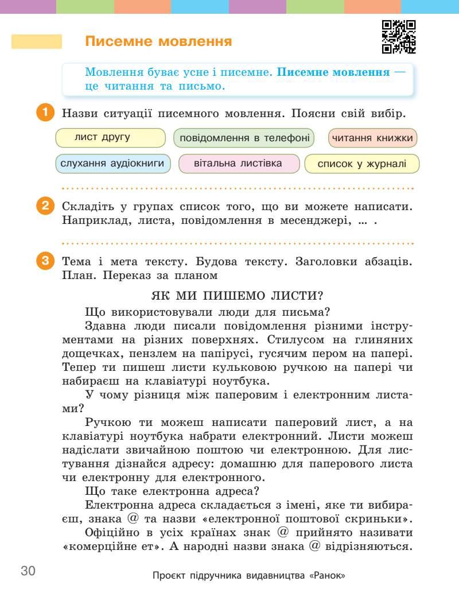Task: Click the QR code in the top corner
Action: [399, 37]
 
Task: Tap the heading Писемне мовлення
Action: [158, 42]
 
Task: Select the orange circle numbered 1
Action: [45, 113]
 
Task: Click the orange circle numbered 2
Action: [45, 206]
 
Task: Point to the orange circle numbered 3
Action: [45, 261]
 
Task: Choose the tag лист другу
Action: [110, 138]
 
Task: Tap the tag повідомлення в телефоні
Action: [244, 138]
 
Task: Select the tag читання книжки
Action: [373, 138]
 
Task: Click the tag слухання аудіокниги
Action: [114, 164]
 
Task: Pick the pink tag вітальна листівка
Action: [239, 164]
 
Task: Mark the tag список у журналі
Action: [361, 164]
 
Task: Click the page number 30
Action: [28, 571]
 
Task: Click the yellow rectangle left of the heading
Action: [37, 42]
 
